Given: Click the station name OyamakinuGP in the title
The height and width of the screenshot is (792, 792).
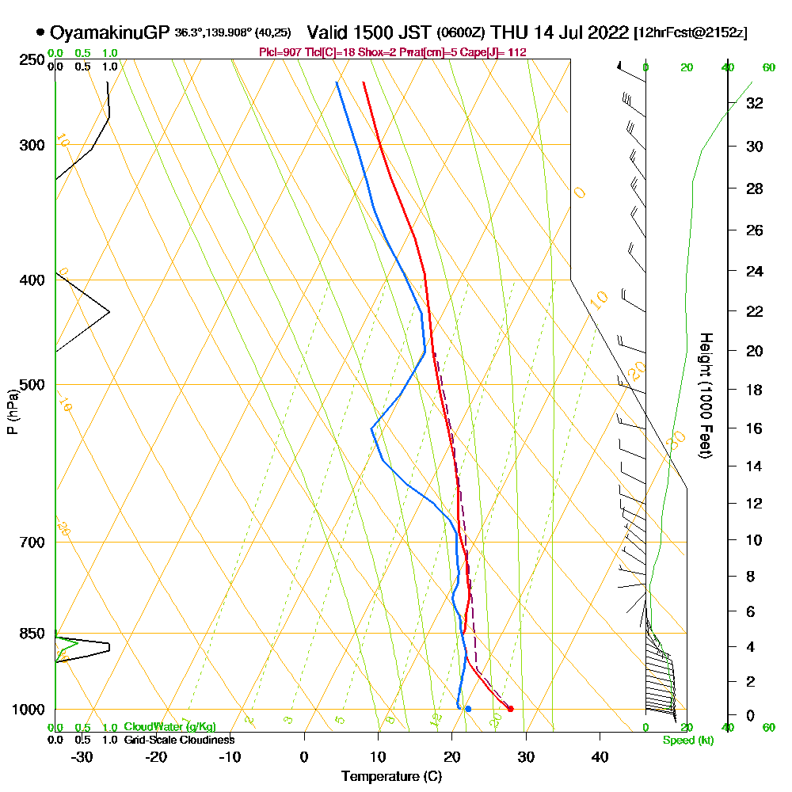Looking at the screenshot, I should (109, 32).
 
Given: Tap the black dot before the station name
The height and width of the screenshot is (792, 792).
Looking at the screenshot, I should (40, 32).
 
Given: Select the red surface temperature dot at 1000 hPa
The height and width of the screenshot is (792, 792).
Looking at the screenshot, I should (510, 709).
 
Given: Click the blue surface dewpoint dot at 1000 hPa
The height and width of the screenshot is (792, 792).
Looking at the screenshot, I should (468, 709).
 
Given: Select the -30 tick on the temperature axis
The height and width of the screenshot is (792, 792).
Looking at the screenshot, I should (82, 756).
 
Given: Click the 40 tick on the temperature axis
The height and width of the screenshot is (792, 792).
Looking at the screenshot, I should (600, 756).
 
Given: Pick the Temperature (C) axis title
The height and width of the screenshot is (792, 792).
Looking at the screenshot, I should (391, 776).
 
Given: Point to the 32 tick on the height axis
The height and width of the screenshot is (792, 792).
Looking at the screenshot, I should (754, 103).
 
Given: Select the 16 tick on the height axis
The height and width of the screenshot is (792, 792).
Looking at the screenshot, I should (754, 428).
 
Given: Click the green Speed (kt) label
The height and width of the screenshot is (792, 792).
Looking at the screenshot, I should (686, 741).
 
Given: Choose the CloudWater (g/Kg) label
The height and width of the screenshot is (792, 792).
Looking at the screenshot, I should (169, 727).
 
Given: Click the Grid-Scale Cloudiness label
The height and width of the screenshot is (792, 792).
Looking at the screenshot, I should (178, 740).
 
